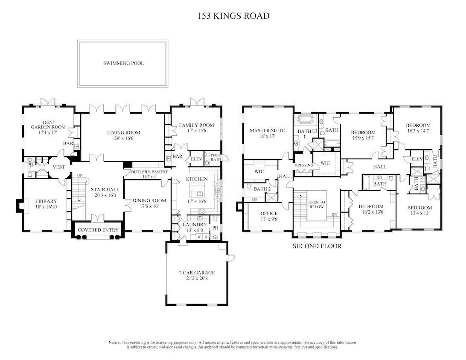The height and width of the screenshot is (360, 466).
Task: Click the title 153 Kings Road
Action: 233,16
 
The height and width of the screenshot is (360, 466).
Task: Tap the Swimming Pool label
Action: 123,63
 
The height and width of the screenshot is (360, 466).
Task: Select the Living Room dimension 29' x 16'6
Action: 123,139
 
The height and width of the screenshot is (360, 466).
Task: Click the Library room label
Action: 46,201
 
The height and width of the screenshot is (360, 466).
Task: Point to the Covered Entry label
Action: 98,230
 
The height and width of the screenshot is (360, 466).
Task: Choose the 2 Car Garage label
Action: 197,273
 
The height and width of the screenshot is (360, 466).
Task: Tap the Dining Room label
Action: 149,200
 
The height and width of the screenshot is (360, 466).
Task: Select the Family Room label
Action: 196,125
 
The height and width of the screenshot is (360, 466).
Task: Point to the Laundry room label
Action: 195,224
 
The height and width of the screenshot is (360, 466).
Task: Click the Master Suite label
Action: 267,131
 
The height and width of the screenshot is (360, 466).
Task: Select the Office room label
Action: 269,214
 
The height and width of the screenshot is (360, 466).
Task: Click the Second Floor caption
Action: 317,246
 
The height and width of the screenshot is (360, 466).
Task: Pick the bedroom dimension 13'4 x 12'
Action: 419,214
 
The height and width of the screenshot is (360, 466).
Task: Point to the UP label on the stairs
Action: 79,175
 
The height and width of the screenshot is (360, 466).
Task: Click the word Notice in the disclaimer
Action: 115,343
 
